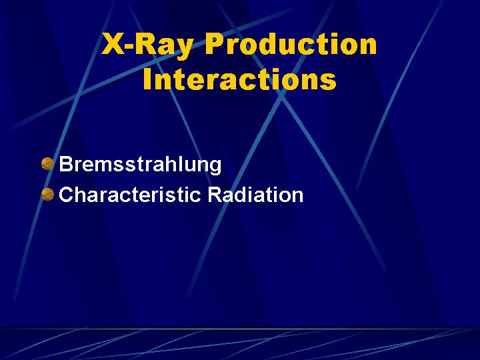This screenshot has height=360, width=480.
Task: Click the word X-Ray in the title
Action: (x=147, y=45)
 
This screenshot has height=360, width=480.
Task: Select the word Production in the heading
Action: (x=291, y=44)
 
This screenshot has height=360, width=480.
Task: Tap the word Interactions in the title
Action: (x=240, y=79)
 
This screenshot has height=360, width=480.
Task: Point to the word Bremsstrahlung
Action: (x=140, y=165)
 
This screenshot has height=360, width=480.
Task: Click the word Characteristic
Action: (x=130, y=195)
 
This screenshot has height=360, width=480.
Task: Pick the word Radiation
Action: (x=255, y=195)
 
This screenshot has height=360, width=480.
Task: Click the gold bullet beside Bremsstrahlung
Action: (x=47, y=163)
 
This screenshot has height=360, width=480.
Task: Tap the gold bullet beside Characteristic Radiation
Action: (x=47, y=195)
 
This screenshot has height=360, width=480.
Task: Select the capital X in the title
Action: (x=113, y=44)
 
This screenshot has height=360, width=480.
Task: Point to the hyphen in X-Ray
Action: (x=130, y=47)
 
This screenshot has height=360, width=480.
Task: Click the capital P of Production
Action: (x=215, y=44)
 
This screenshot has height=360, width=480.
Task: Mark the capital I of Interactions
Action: (x=147, y=78)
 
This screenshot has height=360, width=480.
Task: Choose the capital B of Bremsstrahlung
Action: (x=67, y=164)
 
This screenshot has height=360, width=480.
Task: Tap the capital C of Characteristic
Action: (x=67, y=195)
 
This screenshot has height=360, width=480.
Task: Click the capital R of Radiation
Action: (x=215, y=195)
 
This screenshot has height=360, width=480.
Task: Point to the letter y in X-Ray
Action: (x=184, y=49)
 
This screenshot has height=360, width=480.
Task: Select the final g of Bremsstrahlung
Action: (x=215, y=167)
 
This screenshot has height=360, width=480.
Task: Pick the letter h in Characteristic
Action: (x=83, y=194)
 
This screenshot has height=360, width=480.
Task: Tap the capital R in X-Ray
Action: (x=145, y=44)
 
